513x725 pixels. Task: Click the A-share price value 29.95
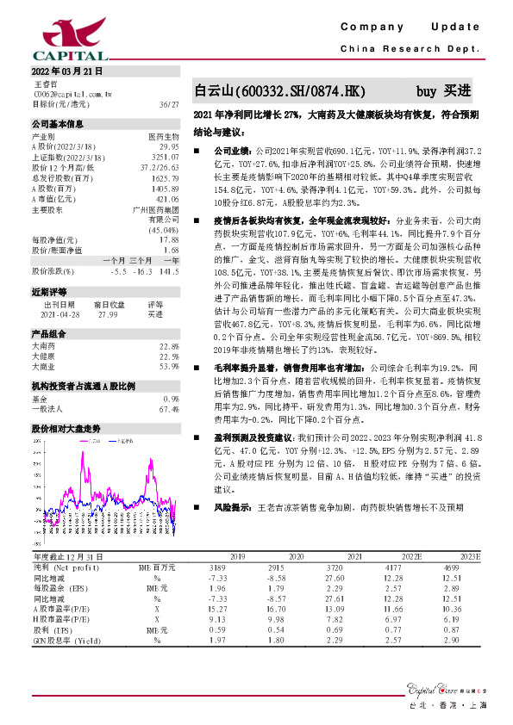point(168,146)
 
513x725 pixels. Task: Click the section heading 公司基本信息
point(58,124)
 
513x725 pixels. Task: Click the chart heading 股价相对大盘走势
point(66,428)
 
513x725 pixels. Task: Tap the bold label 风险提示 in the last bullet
point(233,508)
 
